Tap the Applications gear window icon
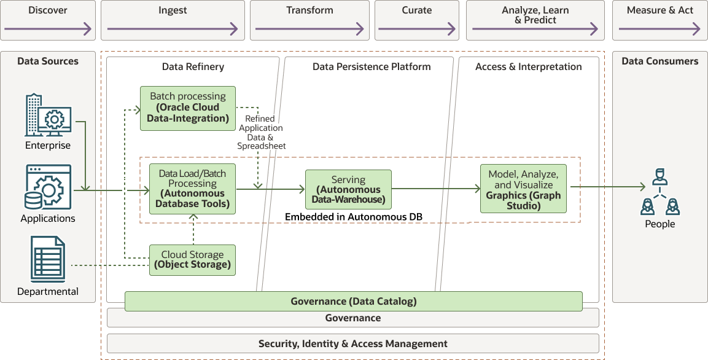click(48, 187)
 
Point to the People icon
click(659, 192)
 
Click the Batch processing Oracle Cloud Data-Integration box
click(188, 108)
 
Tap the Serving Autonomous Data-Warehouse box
click(348, 190)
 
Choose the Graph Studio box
click(523, 189)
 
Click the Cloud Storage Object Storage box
click(193, 260)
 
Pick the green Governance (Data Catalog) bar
click(354, 301)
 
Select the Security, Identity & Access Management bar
click(353, 343)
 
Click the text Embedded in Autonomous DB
click(353, 217)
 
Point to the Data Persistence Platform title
click(372, 66)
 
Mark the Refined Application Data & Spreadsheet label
click(262, 133)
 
